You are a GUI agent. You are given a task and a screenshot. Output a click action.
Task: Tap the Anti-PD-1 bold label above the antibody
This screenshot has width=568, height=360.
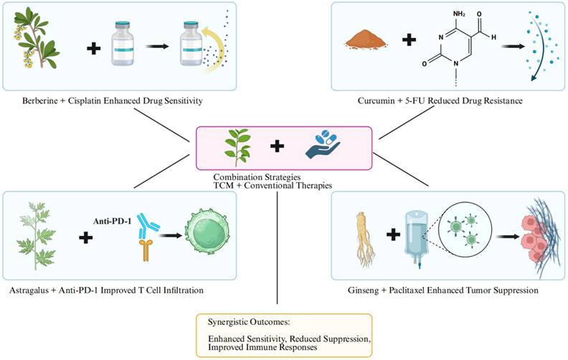[113, 203]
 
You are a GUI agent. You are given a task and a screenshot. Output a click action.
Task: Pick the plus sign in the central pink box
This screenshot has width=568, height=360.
[277, 147]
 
